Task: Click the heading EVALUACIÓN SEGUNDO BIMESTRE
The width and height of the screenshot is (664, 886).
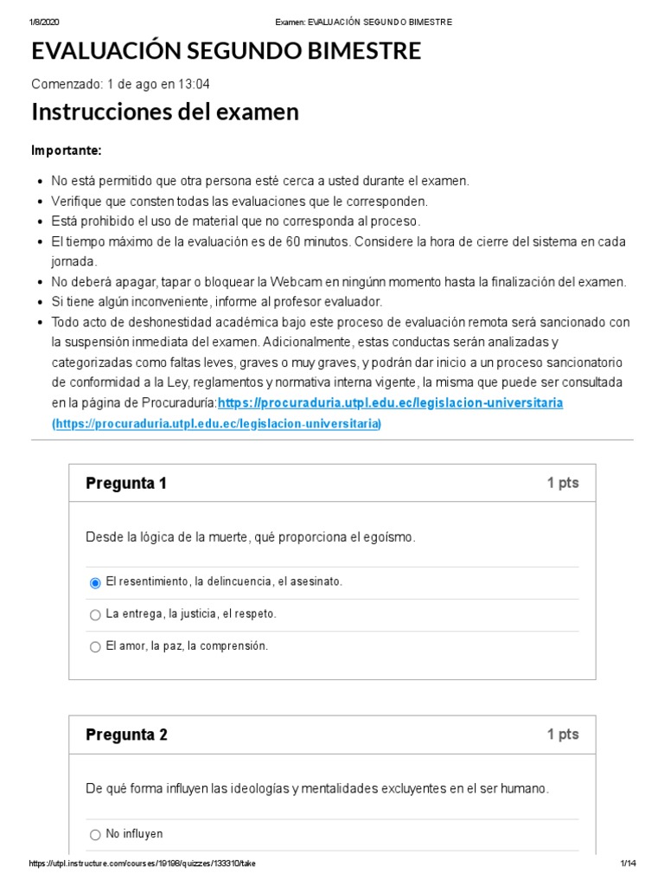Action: [227, 51]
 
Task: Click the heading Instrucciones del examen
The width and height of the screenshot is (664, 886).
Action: [165, 112]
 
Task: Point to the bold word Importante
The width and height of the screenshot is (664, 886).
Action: [67, 151]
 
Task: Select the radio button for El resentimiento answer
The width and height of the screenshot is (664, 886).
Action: [95, 583]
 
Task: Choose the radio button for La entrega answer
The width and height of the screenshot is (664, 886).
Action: [95, 615]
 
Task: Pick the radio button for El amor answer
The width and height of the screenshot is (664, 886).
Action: [95, 646]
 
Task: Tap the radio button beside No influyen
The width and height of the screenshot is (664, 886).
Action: [95, 835]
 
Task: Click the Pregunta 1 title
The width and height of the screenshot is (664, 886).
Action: [126, 484]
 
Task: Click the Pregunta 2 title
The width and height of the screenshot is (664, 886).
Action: [126, 735]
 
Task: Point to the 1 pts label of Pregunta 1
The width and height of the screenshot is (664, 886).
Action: [563, 484]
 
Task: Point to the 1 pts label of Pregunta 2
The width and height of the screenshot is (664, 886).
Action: [563, 735]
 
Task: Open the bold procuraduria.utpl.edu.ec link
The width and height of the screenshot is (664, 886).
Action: [391, 403]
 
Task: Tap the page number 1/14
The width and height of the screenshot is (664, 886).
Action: [628, 864]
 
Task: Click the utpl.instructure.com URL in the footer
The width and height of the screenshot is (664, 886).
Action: [143, 864]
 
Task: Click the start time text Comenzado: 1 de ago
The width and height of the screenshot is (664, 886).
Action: [120, 84]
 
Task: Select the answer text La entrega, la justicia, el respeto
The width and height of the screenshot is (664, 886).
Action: [191, 614]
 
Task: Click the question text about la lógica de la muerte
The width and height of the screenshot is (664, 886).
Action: [251, 537]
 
